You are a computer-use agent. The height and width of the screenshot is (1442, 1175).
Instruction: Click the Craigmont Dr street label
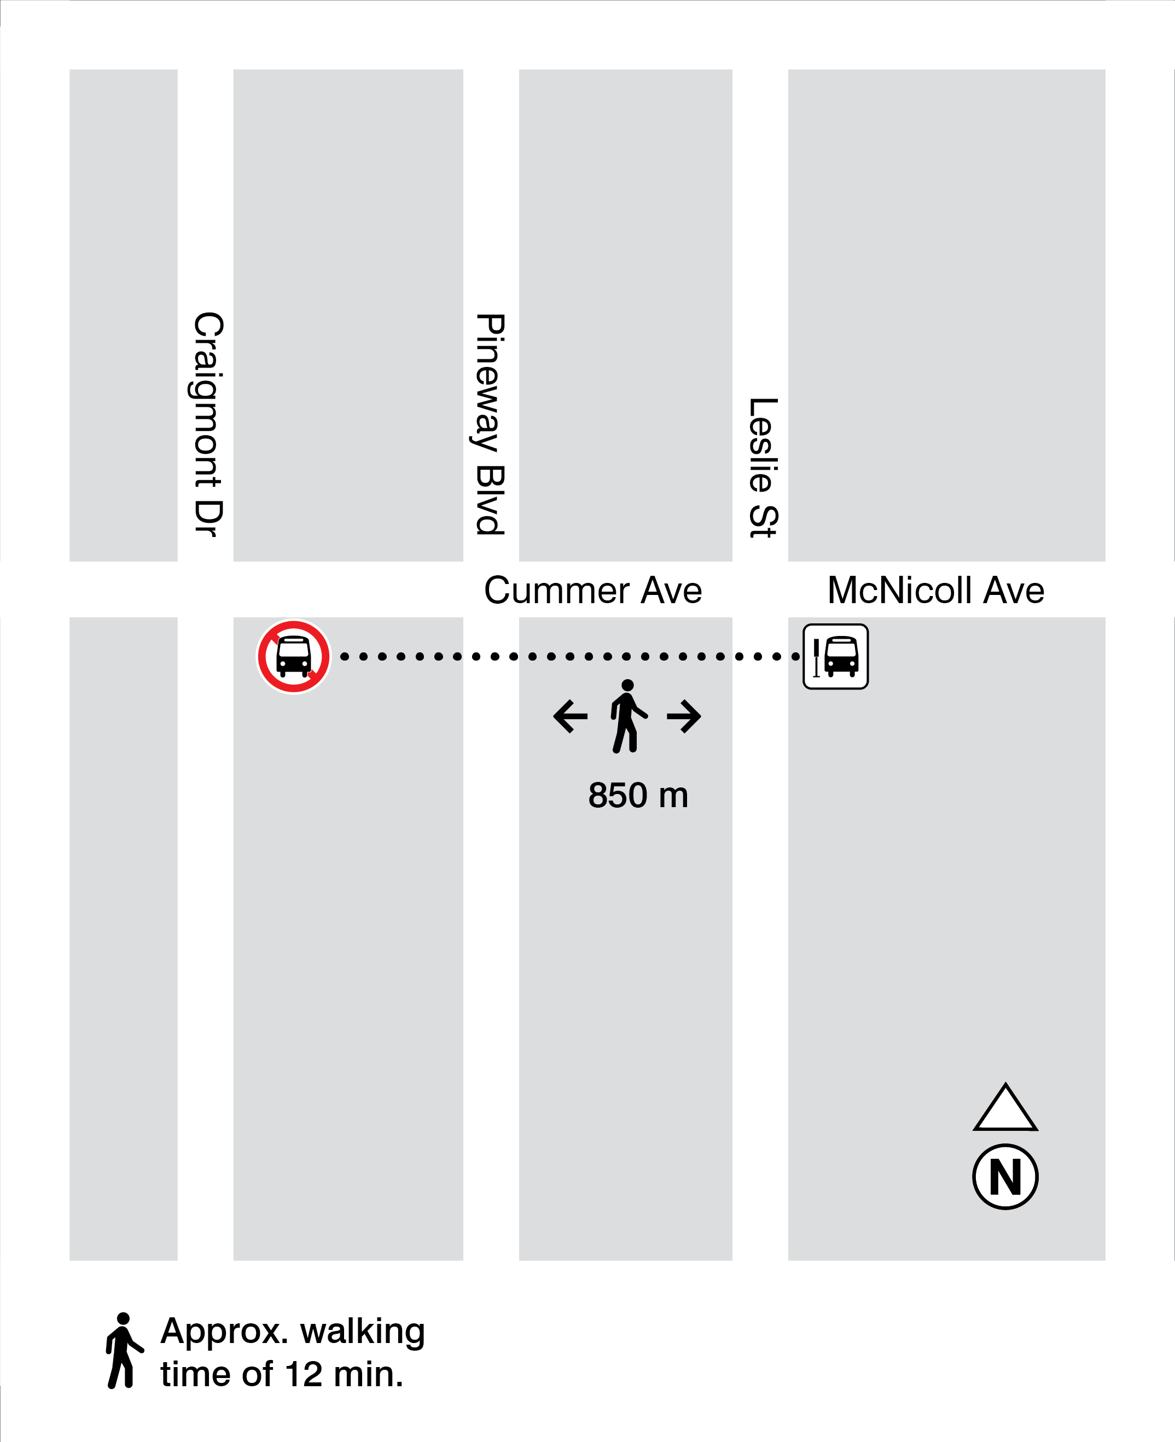click(208, 424)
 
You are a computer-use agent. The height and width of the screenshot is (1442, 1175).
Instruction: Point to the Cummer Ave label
click(593, 590)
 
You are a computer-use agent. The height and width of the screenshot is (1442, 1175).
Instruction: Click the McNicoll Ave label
click(935, 590)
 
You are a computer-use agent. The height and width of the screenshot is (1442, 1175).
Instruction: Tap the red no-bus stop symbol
click(294, 656)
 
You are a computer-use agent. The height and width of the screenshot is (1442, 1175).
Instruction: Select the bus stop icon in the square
click(835, 656)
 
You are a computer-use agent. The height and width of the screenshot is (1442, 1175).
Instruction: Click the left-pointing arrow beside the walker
click(570, 716)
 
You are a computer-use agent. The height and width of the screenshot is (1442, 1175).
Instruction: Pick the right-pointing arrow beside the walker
click(684, 716)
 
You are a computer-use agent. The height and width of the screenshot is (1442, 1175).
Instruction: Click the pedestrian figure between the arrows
click(627, 716)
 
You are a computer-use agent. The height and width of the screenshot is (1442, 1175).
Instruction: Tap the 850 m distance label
click(638, 795)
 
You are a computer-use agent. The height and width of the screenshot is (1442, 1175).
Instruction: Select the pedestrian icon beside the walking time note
click(124, 1350)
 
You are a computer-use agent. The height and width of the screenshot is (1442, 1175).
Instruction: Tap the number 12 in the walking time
click(303, 1374)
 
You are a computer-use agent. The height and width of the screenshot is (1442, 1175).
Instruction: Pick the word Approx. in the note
click(225, 1332)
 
